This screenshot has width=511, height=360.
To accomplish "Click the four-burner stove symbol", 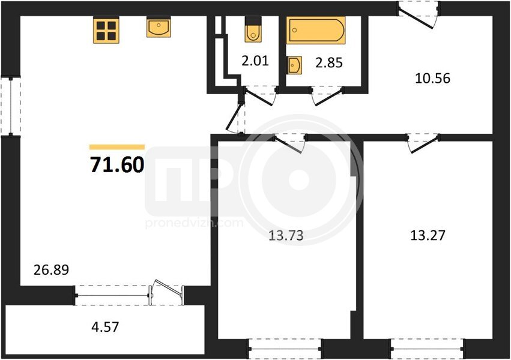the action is tap(106, 30).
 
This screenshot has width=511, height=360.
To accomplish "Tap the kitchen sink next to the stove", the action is tap(159, 27).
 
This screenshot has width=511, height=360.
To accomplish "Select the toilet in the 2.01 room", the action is tap(253, 29).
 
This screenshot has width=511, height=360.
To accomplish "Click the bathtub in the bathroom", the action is tap(316, 30).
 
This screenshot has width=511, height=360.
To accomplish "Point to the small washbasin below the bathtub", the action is tap(295, 65).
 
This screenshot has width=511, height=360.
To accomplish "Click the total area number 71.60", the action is tap(117, 164).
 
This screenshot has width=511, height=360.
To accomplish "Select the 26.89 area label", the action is tap(52, 270).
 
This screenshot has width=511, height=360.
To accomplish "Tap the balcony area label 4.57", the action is tap(105, 327).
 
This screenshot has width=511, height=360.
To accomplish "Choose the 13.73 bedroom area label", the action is tap(286, 235).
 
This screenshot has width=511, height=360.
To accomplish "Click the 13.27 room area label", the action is tap(428, 235).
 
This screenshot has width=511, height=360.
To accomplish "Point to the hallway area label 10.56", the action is tap(432, 79).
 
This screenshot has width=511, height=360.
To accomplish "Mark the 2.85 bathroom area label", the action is tap(329, 62).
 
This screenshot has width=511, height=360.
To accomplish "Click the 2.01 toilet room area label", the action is tap(255, 61).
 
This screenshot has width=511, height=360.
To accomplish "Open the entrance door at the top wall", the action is tap(419, 15).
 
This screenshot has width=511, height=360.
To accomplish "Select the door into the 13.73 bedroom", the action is tap(289, 143).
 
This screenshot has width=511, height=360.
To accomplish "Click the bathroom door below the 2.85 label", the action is tap(327, 97).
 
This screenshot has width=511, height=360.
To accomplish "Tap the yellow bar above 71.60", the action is tap(117, 147).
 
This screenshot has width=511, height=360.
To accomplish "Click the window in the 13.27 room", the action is tap(428, 349).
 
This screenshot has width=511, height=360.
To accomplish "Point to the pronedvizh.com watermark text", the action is tap(194, 223).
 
